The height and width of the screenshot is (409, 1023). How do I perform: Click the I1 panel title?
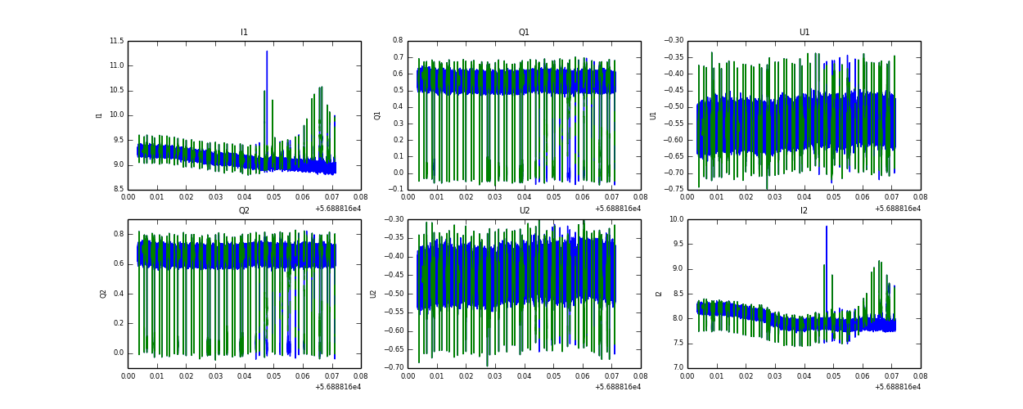click(244, 33)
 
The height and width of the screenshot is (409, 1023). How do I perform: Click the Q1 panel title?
click(524, 33)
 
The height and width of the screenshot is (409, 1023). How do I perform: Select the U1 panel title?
click(804, 33)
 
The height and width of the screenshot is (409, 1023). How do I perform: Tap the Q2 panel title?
click(244, 211)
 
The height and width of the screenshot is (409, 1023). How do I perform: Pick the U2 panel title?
click(524, 211)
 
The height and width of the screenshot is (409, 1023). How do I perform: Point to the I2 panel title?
click(804, 211)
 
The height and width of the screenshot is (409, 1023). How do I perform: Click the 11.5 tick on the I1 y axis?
click(116, 41)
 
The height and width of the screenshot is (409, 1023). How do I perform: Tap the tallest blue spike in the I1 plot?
click(267, 52)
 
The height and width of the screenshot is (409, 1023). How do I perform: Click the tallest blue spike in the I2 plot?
click(827, 227)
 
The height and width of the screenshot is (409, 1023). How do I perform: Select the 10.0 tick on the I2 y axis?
click(676, 219)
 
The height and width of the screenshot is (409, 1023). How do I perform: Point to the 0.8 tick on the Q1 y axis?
click(397, 41)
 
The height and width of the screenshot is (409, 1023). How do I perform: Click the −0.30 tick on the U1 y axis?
click(673, 41)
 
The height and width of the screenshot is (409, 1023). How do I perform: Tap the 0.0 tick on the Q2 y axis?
click(118, 353)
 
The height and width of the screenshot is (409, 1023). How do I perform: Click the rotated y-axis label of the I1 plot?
click(99, 115)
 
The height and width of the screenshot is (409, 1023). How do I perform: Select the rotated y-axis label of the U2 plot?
click(373, 294)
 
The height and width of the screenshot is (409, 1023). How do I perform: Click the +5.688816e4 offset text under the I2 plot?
click(897, 387)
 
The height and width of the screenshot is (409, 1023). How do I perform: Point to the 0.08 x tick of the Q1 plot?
click(640, 197)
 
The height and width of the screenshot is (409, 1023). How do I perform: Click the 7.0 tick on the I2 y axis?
click(678, 368)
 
